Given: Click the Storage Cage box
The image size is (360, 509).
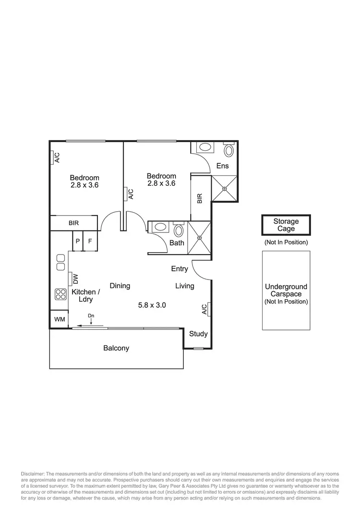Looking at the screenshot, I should pos(286,225).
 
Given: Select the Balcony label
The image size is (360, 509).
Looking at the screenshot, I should pos(116,348).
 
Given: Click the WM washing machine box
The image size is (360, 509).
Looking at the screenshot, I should pos(60,319).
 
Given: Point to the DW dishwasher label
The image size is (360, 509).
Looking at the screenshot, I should pos(75,279).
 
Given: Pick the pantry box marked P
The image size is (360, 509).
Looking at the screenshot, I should pos(77,241).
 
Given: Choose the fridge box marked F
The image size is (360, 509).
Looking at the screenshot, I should pos(90,241).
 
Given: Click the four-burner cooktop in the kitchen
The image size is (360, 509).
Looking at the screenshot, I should pos(60,293).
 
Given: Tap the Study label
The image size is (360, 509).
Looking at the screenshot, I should pos(198,334).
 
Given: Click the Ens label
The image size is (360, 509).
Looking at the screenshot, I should pos(222,166).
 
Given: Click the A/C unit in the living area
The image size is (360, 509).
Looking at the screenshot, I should pos(204,309).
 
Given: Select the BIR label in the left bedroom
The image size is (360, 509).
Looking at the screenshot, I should pos(73,223).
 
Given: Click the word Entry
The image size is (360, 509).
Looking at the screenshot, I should pos(180,269).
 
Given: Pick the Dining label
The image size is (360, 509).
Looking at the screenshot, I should pos(120,286).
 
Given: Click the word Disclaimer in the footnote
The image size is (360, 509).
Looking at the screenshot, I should pos(33,474).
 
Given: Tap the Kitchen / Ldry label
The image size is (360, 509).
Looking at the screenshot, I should pos(86,295).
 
